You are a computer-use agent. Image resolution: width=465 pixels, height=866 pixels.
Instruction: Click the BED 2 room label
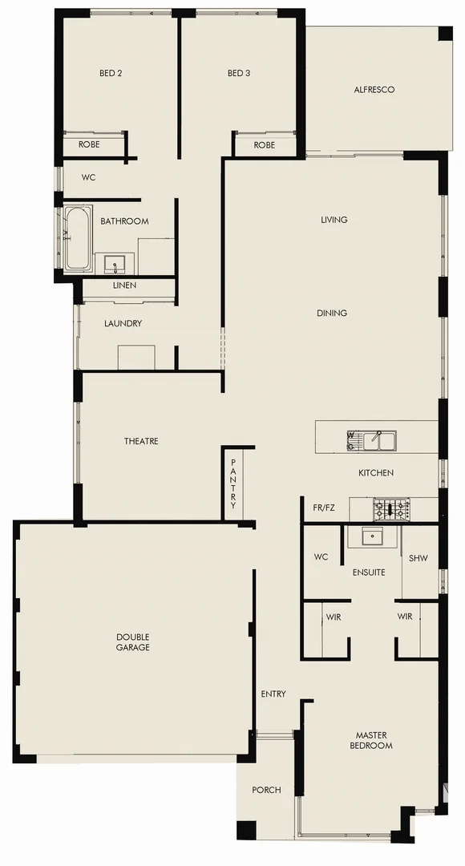111,73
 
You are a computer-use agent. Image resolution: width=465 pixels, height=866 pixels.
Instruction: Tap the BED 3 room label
239,73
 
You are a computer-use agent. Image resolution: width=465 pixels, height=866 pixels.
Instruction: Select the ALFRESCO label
374,90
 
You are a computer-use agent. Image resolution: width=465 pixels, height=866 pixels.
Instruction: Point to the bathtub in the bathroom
78,238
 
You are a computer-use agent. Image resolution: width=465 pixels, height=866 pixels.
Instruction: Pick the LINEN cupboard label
124,285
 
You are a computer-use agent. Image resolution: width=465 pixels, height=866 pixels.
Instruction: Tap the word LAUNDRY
123,323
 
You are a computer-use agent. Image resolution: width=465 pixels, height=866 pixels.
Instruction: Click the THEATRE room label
141,441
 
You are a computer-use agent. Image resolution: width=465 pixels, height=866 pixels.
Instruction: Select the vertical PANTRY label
233,484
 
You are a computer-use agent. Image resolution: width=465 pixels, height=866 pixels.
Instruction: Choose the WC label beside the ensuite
321,556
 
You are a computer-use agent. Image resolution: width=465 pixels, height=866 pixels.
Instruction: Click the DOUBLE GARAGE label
133,641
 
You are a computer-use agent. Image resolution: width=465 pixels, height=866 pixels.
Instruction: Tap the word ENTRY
273,694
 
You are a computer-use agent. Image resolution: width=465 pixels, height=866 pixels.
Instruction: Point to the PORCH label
266,790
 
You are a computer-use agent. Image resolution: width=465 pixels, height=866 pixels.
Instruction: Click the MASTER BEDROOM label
371,739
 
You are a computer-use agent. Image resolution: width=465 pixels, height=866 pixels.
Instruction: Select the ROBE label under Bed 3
265,145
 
